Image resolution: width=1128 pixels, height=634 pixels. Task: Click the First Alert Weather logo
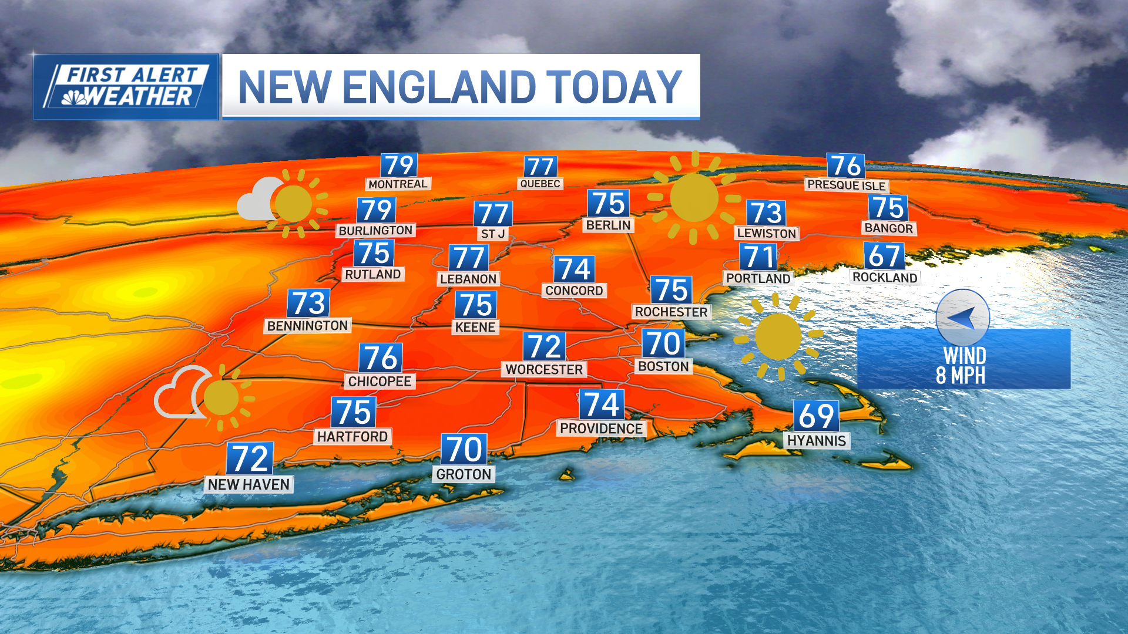point(126,87)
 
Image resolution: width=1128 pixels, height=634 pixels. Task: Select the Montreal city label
point(398,184)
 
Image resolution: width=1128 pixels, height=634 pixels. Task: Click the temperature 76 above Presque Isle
point(846,166)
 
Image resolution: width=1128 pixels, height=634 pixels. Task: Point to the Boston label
point(663,366)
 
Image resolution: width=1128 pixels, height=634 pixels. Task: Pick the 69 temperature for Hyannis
point(816,416)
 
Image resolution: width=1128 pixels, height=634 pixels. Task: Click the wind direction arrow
point(962,318)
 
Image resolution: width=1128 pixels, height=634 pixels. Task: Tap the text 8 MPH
point(961,376)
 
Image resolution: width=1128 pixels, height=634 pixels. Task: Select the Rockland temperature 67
point(884,256)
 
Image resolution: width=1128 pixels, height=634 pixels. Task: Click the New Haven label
point(249,484)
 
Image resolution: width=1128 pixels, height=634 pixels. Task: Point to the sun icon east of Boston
point(778,336)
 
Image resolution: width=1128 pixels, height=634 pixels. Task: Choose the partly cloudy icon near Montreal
point(282,203)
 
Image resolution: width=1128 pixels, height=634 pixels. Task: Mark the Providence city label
point(601,429)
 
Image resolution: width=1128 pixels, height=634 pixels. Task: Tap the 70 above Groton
point(464,450)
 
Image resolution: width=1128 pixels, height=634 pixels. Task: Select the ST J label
point(493,234)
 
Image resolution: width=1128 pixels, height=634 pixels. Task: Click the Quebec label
point(540,184)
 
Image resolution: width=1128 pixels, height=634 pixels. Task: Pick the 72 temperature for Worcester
point(545,346)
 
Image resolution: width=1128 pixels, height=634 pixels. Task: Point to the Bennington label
point(307,326)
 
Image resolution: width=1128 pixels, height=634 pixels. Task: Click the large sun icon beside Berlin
point(694,197)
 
